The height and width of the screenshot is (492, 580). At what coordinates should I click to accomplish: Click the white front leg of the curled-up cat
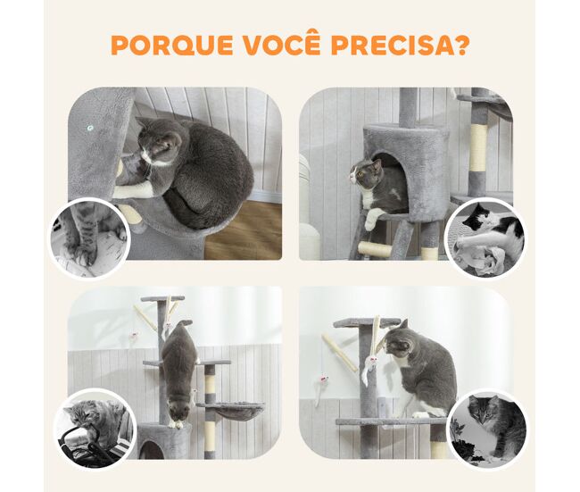pyautogui.click(x=134, y=191)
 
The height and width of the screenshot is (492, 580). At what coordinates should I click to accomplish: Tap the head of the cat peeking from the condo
pyautogui.click(x=365, y=173)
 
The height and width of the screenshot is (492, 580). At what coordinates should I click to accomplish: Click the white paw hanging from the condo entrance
pyautogui.click(x=371, y=219)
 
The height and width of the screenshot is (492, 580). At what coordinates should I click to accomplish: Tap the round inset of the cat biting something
pyautogui.click(x=95, y=429)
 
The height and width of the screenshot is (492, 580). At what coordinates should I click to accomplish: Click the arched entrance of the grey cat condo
pyautogui.click(x=392, y=182)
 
